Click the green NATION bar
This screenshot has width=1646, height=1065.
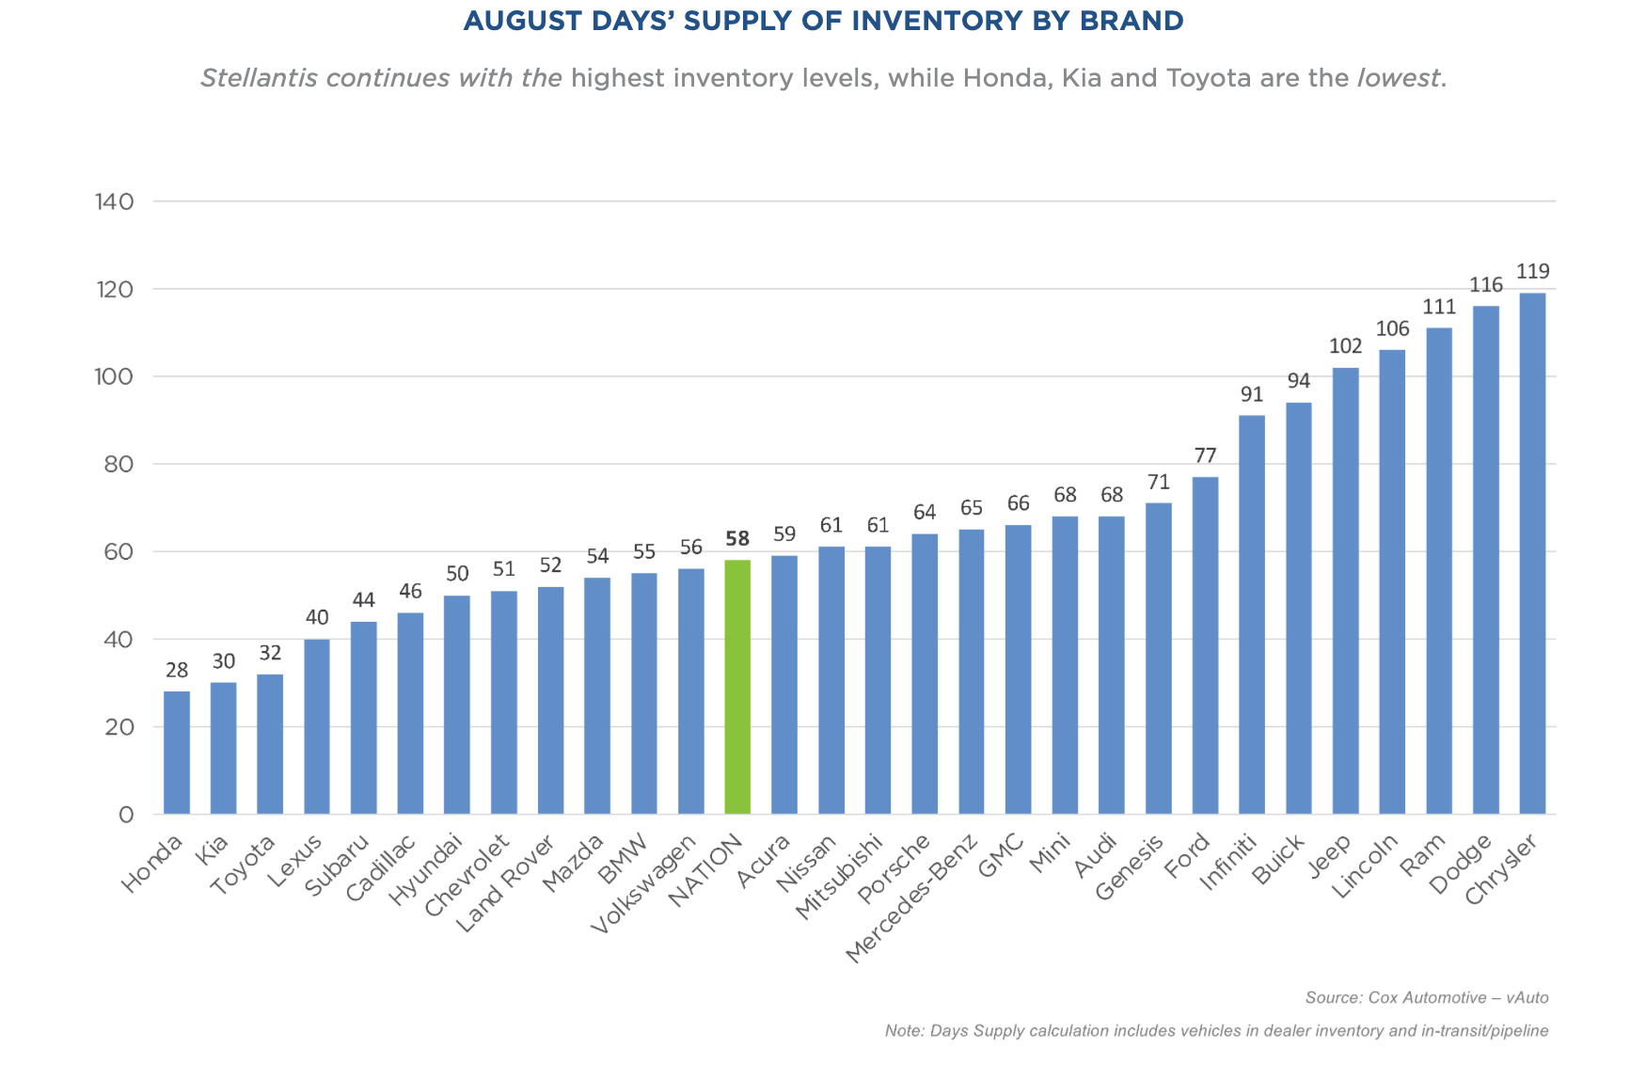coord(737,687)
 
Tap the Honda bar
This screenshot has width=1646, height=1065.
coord(177,753)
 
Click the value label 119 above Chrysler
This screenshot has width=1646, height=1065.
coord(1532,272)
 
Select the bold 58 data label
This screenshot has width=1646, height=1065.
coord(737,539)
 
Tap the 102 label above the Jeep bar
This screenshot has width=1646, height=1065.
coord(1345,346)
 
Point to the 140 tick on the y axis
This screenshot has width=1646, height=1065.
coord(115,201)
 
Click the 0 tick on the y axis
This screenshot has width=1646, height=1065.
coord(126,815)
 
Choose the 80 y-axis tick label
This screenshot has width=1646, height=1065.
coord(118,464)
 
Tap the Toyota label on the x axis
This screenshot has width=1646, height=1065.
coord(243,866)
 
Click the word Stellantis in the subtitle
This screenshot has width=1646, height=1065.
coord(260,78)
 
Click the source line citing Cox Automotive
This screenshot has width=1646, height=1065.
coord(1426,997)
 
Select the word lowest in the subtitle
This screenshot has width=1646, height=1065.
coord(1398,78)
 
